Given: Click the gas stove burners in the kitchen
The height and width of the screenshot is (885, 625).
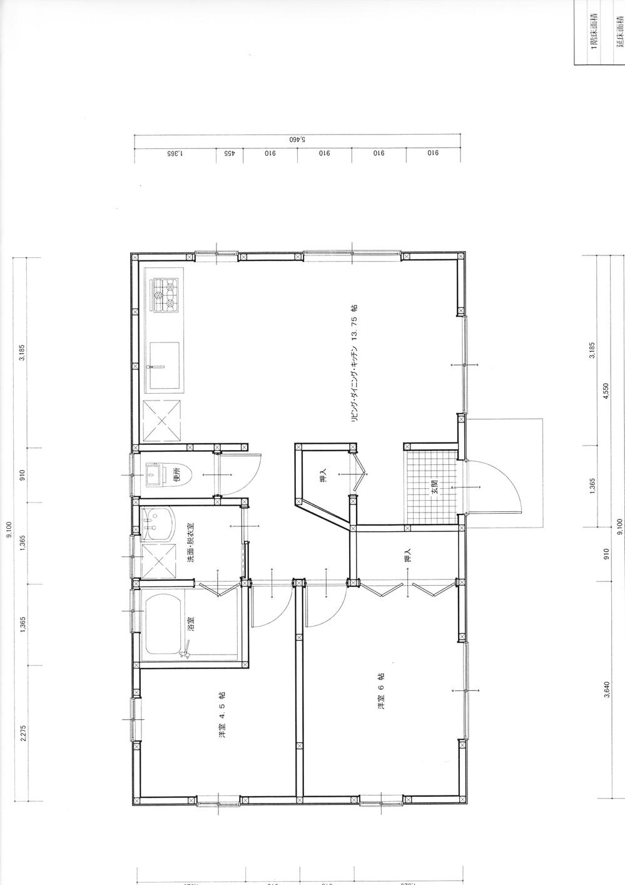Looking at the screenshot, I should click(165, 296).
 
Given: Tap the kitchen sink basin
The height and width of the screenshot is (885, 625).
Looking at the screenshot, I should click(164, 364).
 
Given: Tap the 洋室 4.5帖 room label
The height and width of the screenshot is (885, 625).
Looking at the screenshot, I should click(221, 724).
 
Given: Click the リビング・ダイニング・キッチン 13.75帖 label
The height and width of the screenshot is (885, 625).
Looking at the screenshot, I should click(354, 366).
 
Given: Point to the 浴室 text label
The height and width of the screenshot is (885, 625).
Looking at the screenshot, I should click(191, 623).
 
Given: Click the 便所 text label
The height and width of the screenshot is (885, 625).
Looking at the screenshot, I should click(177, 475).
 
